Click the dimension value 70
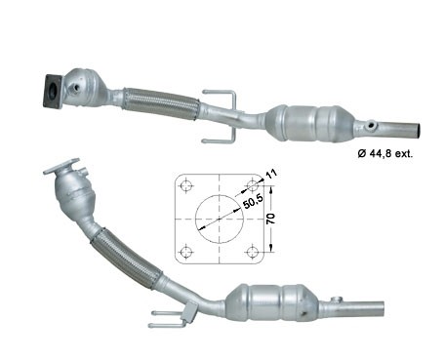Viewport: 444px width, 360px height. pos(270,219)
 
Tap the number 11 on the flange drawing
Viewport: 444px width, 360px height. pos(271,174)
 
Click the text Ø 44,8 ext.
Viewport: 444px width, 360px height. pos(385,153)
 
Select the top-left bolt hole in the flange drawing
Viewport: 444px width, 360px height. pos(186,185)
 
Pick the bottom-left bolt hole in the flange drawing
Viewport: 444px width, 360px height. pos(186,252)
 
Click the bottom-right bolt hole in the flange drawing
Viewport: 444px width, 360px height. pos(253,252)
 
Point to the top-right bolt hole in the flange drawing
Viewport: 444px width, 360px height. pos(253,185)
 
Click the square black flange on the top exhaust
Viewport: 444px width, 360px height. pos(53,92)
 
